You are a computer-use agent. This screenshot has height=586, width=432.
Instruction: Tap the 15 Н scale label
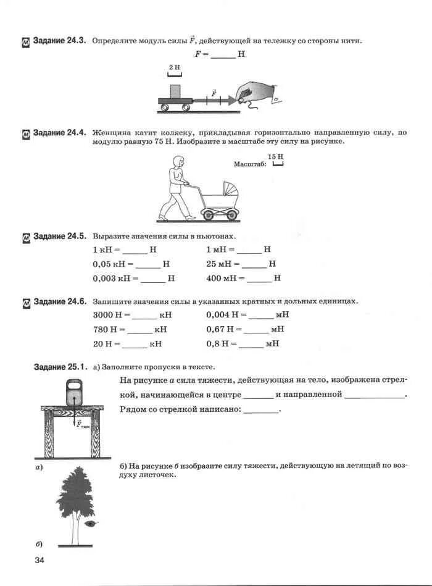click(275, 158)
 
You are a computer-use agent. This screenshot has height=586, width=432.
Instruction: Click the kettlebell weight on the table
click(73, 393)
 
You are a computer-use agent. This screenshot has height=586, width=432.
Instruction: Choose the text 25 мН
click(220, 264)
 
